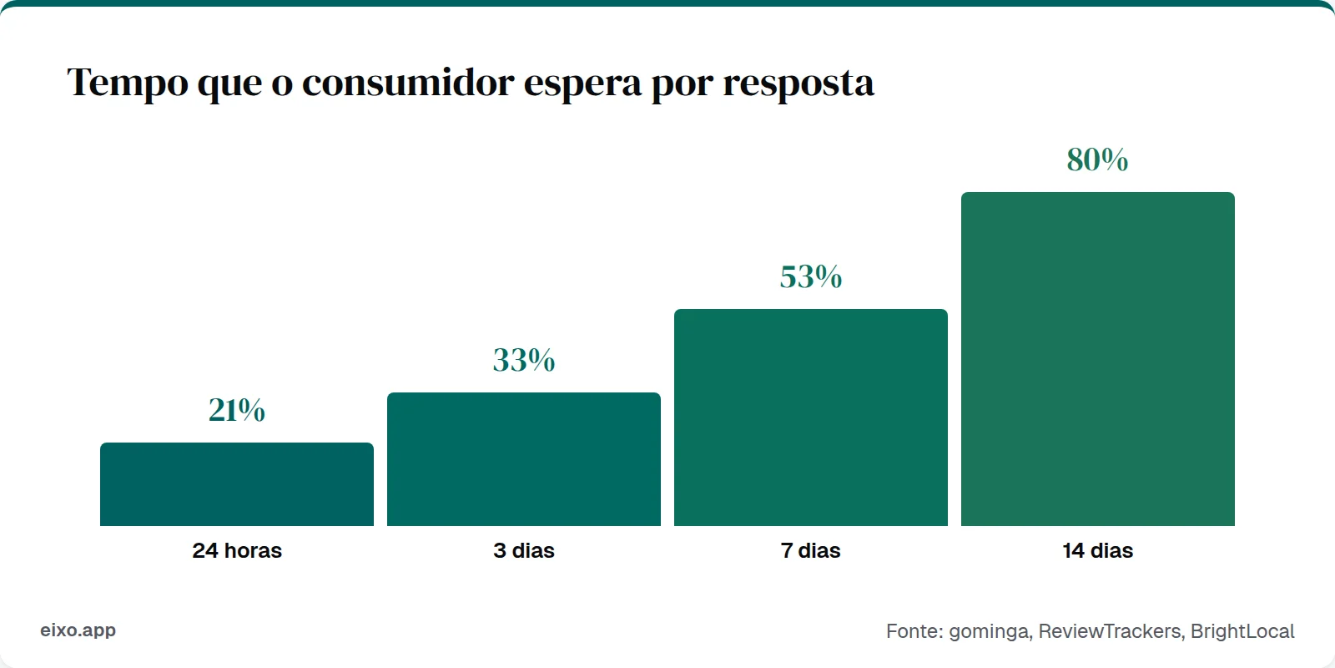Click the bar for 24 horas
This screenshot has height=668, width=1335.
point(237,484)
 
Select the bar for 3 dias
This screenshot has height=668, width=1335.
point(524,459)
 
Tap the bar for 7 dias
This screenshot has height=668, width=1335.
point(811,417)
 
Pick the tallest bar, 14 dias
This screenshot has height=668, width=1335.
point(1098,359)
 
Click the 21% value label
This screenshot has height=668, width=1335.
point(237,410)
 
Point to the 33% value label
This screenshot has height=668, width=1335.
point(524,360)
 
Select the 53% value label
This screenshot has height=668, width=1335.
point(811,276)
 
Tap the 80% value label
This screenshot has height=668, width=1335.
point(1098,159)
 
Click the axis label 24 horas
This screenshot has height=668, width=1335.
point(237,551)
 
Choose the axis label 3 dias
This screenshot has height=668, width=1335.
point(524,551)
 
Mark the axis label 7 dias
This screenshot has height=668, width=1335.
point(811,551)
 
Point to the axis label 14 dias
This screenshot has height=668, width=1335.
point(1098,551)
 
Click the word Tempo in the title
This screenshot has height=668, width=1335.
point(128,83)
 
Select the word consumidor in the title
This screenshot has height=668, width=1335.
point(408,83)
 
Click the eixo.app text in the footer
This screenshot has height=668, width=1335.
point(78,630)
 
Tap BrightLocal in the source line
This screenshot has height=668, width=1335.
point(1242,631)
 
